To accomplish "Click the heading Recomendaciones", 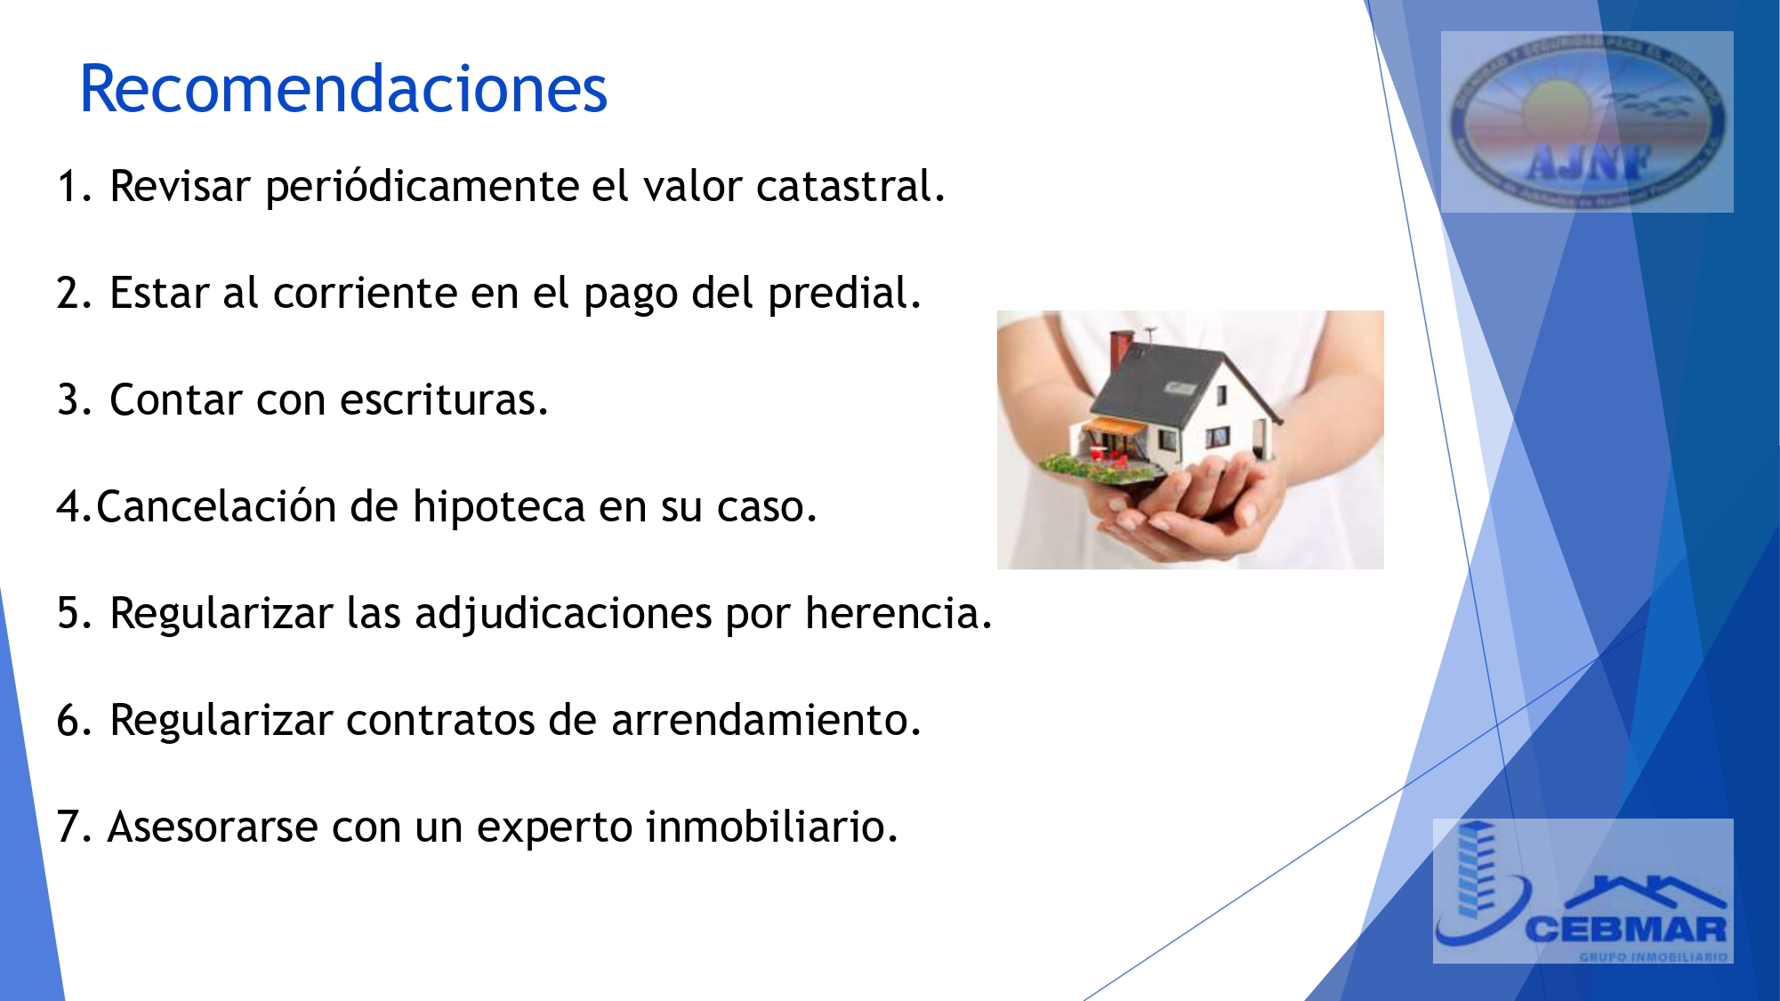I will point(343,90).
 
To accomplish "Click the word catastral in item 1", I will point(850,187).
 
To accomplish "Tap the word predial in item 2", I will point(843,294).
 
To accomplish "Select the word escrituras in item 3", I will point(444,400).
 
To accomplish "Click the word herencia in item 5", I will point(898,614).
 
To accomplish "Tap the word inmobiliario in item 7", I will point(771,827).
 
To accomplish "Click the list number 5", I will point(69,614).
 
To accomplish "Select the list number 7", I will point(69,827).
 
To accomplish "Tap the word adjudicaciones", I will point(563,614).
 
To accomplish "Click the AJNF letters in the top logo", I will point(1589,163).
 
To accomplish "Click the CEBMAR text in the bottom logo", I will point(1626,931).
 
